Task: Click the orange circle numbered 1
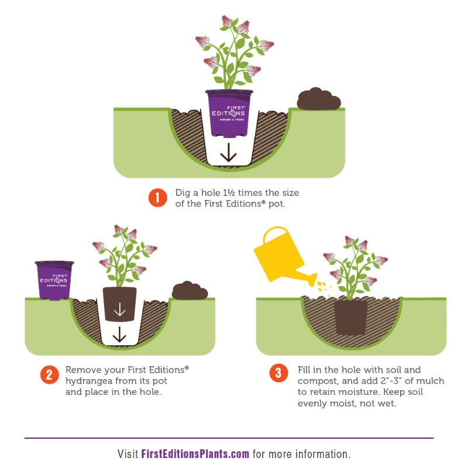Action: [x=157, y=198]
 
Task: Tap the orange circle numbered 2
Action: [x=49, y=375]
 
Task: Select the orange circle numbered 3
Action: [x=278, y=373]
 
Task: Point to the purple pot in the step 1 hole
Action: [x=229, y=113]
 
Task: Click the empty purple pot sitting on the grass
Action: [x=54, y=280]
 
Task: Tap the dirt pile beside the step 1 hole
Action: [x=318, y=99]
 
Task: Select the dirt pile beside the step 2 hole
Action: [x=190, y=290]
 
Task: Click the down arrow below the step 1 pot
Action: [x=229, y=153]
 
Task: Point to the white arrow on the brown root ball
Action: [x=120, y=309]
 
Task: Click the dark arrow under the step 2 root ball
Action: [x=119, y=334]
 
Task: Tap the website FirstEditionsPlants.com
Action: [x=195, y=454]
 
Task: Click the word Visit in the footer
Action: [x=128, y=454]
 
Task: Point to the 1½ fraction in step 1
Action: [x=229, y=193]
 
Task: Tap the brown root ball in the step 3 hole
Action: [x=351, y=318]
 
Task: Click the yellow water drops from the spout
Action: [x=324, y=287]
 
